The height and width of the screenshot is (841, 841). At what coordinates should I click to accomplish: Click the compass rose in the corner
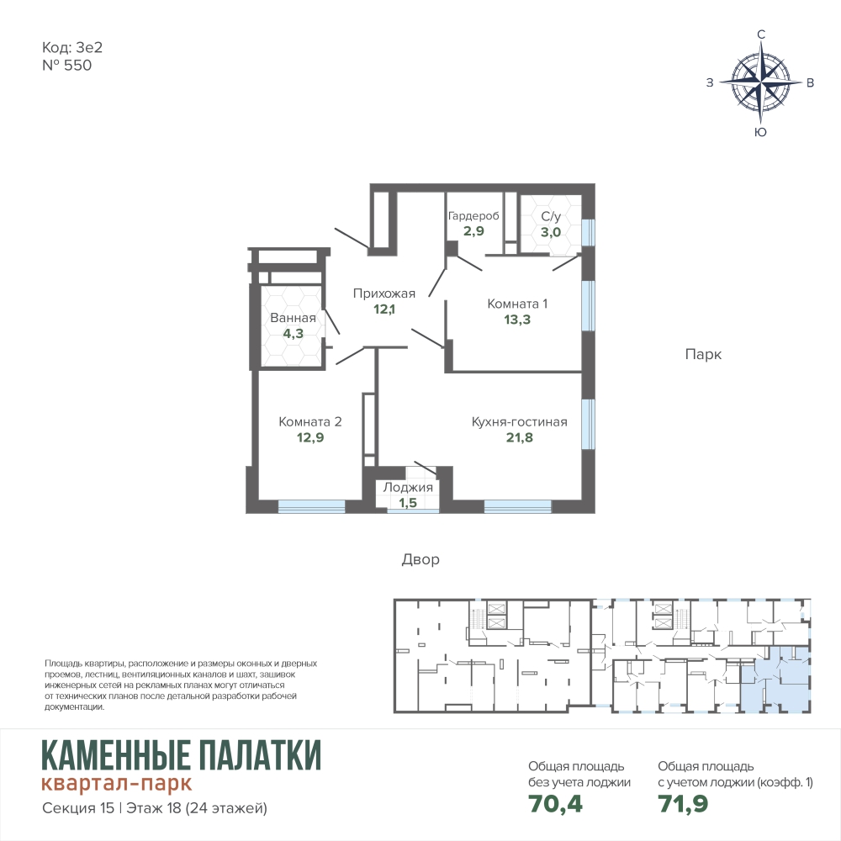760,82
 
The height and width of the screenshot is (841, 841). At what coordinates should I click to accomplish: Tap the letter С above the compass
760,34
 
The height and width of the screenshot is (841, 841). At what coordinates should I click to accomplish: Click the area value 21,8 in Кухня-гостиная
519,437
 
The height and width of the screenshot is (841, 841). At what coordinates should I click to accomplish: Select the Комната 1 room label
517,304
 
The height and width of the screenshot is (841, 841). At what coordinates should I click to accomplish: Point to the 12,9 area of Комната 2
310,437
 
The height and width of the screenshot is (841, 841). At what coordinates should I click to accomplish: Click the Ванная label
293,318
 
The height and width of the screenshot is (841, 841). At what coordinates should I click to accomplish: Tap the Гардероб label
473,215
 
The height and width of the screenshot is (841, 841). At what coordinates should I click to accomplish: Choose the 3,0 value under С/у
551,232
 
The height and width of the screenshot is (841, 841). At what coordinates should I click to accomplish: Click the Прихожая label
384,294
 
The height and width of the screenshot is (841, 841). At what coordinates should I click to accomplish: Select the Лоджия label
408,488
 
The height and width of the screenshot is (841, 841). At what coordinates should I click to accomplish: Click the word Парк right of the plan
703,355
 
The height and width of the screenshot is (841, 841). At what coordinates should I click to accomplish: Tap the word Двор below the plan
420,559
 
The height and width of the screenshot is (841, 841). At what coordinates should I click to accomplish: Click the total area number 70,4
555,803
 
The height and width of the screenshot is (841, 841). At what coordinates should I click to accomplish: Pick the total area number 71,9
683,803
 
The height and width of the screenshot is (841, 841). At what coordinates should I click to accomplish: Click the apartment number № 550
67,66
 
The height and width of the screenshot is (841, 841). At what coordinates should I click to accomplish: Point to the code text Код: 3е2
71,48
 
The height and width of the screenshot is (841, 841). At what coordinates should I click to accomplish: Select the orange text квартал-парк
116,784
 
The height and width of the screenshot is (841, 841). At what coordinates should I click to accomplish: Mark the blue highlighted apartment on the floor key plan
775,680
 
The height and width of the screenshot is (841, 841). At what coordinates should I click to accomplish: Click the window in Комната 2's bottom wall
311,506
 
